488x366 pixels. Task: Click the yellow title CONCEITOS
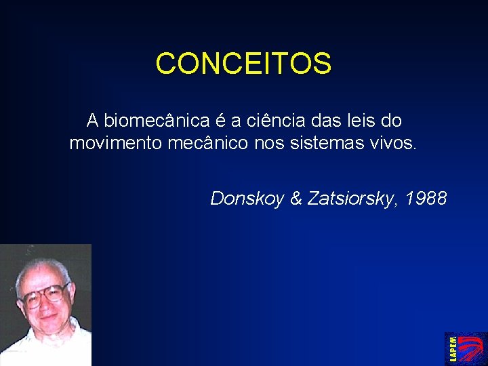(x=243, y=64)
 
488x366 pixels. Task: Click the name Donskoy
(x=247, y=199)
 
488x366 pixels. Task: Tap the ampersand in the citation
(x=296, y=199)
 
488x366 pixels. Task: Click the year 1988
(x=426, y=199)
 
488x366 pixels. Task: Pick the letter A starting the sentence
(x=93, y=121)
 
